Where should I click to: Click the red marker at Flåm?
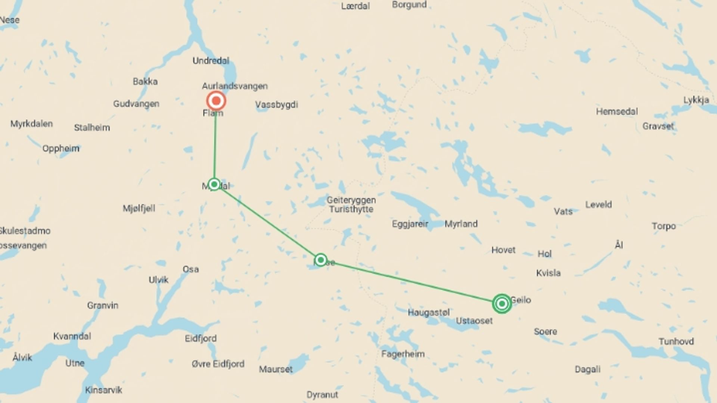click(216, 101)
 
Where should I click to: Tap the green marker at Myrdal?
click(214, 184)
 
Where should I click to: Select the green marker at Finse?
click(320, 260)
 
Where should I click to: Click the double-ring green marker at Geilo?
click(502, 303)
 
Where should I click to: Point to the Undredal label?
click(211, 60)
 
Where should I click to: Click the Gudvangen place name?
click(136, 104)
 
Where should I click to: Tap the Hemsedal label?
click(617, 112)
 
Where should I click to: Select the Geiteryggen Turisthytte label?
click(351, 204)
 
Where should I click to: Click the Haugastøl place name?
click(428, 312)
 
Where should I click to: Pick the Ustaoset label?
click(474, 321)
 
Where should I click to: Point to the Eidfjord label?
click(201, 338)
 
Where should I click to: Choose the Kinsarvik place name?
click(103, 390)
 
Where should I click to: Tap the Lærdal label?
click(355, 6)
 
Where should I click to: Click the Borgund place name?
click(409, 5)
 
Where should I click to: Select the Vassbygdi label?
click(276, 104)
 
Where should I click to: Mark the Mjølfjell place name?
click(139, 208)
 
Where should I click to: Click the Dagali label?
click(587, 369)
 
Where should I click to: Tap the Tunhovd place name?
click(676, 341)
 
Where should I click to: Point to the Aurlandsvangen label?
click(235, 86)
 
